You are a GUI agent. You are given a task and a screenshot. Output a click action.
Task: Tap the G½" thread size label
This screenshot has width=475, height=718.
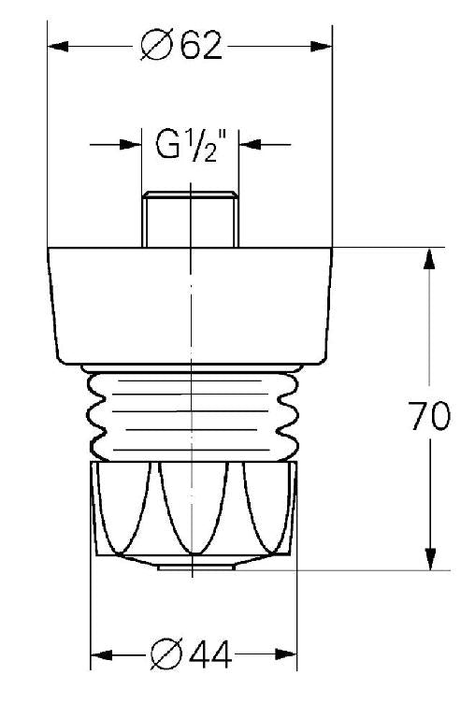[191, 145]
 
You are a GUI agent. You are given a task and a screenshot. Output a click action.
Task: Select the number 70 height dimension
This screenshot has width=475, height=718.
[429, 415]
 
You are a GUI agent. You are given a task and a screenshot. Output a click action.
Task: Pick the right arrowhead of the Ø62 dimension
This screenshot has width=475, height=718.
[324, 46]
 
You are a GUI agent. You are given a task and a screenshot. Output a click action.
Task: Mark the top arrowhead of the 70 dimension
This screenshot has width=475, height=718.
[429, 258]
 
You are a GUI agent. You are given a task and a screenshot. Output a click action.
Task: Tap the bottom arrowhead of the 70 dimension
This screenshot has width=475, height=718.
[429, 559]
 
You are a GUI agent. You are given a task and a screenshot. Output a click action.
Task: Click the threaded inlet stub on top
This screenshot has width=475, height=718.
[191, 220]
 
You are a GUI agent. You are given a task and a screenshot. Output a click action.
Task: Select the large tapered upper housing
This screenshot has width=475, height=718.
[191, 304]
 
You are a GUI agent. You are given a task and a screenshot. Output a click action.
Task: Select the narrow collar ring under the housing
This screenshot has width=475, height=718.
[191, 366]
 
